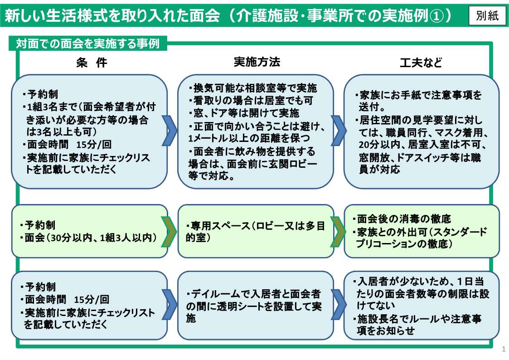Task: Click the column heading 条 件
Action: click(x=92, y=63)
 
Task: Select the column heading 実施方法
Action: click(x=257, y=62)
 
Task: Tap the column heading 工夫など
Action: click(x=421, y=63)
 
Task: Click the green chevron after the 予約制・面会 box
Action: click(x=170, y=232)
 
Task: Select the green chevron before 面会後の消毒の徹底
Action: click(x=337, y=232)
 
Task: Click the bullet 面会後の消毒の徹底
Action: click(x=404, y=219)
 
